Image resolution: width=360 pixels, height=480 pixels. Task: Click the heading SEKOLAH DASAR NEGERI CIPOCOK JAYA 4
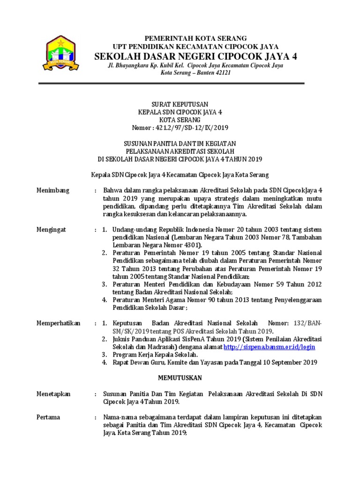196,56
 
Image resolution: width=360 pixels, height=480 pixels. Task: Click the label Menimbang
53,190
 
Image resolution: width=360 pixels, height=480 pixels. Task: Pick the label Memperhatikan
59,323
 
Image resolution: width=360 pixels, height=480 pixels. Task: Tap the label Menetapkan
53,394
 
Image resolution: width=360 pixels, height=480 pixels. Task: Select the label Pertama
48,417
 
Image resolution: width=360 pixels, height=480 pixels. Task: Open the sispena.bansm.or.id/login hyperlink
270,347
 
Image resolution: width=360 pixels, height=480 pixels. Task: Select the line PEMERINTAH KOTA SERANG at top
195,38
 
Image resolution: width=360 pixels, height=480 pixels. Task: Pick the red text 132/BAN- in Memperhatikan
307,323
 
